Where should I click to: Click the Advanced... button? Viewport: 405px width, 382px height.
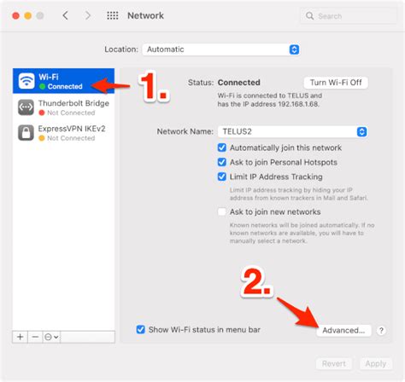(345, 330)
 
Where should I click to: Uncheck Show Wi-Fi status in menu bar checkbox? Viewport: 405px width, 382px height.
(141, 329)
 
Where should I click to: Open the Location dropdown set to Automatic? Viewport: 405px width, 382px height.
(221, 49)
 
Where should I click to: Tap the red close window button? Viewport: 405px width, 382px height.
(13, 15)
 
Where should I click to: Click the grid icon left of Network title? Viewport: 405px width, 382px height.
(113, 15)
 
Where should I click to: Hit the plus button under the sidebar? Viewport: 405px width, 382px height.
(20, 337)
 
